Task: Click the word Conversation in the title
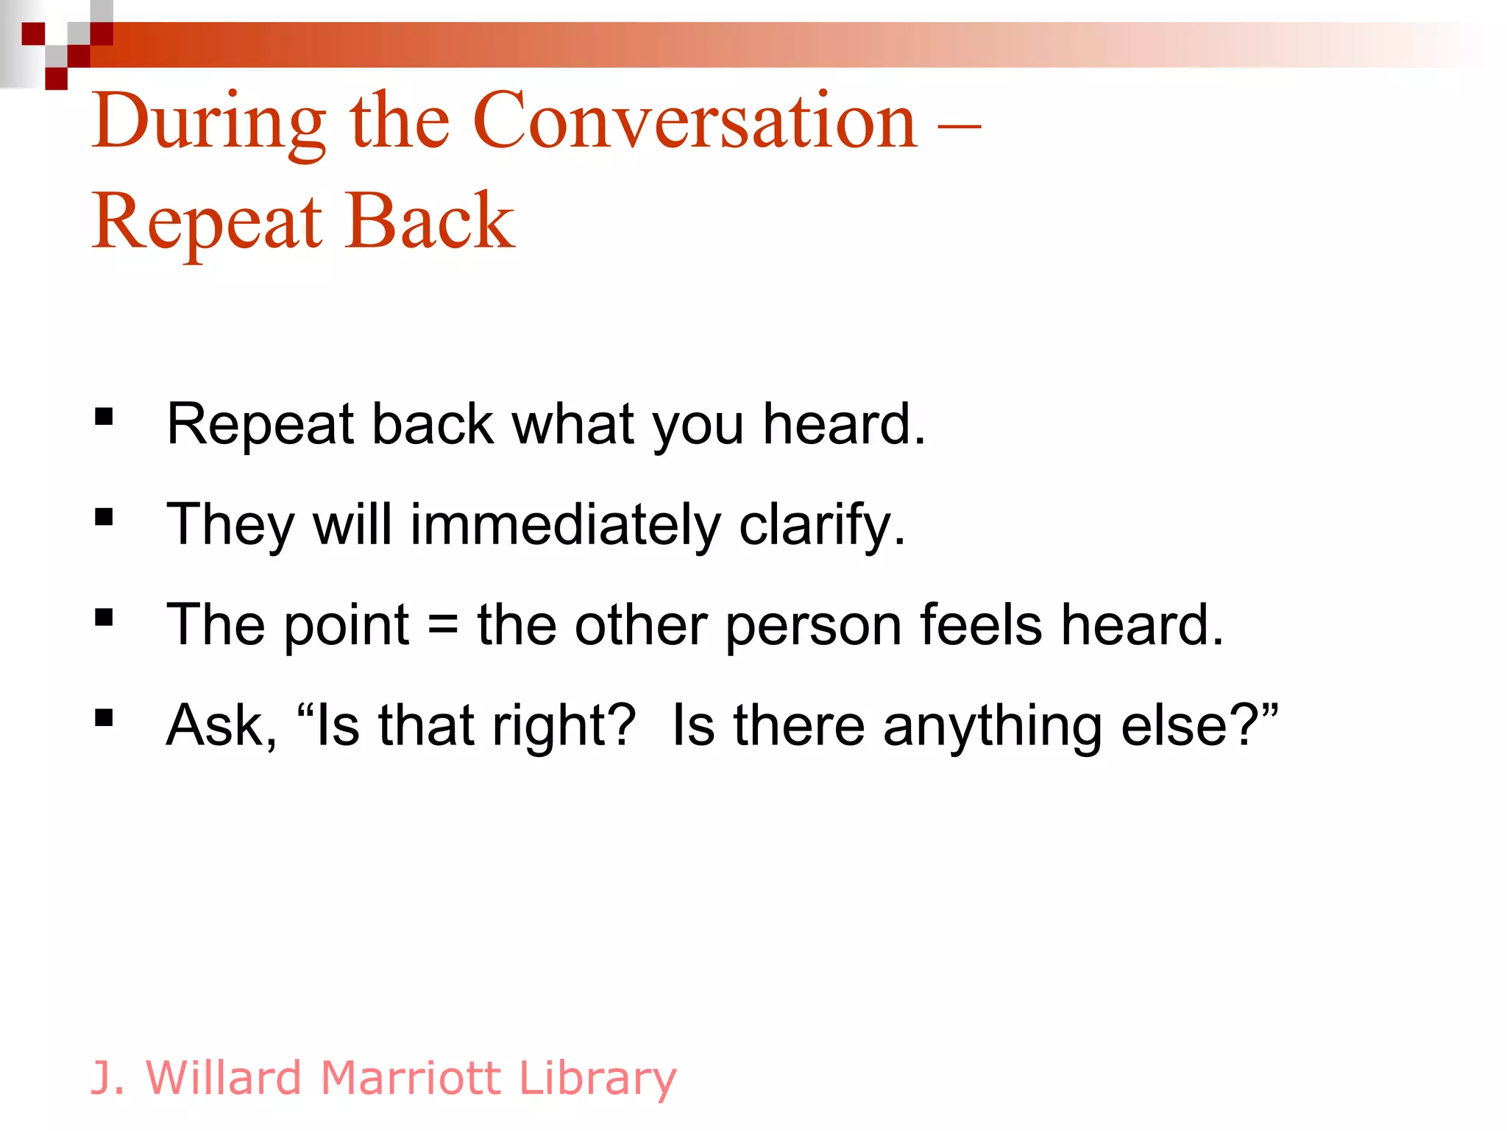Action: [695, 121]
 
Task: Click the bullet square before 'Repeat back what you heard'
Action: [104, 417]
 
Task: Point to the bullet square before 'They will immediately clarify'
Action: [104, 518]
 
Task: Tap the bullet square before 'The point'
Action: [104, 618]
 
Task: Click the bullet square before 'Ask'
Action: [104, 718]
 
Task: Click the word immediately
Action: [565, 526]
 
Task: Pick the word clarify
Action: [821, 526]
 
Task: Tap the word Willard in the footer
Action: [224, 1078]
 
